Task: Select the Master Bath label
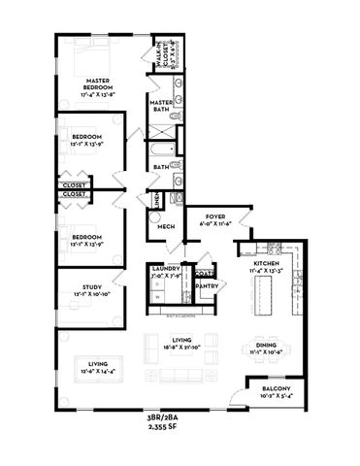tap(161, 106)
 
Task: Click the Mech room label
tap(167, 227)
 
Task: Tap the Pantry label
tap(206, 286)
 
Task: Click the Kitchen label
tap(268, 263)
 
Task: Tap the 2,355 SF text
tap(180, 426)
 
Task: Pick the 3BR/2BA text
tap(180, 416)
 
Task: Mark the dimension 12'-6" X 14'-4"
tap(97, 371)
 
